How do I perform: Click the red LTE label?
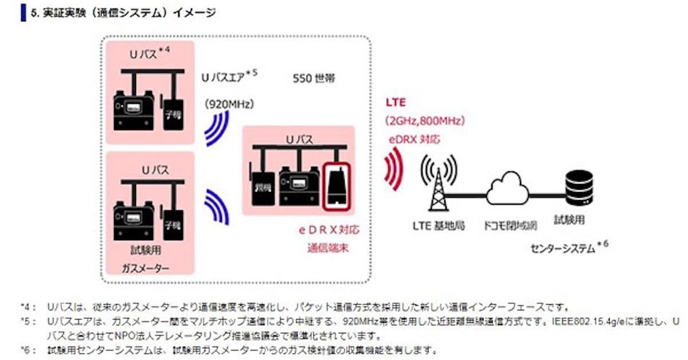pos(396,103)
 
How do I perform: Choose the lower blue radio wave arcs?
pos(218,206)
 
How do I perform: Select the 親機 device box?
pos(263,187)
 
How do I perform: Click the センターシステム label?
pos(565,248)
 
